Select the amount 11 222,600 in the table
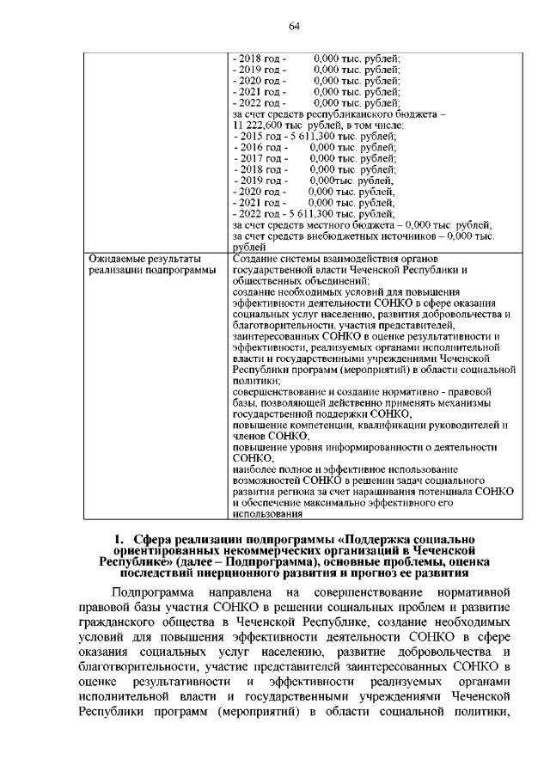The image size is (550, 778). [260, 125]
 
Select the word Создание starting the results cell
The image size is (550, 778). [257, 259]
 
